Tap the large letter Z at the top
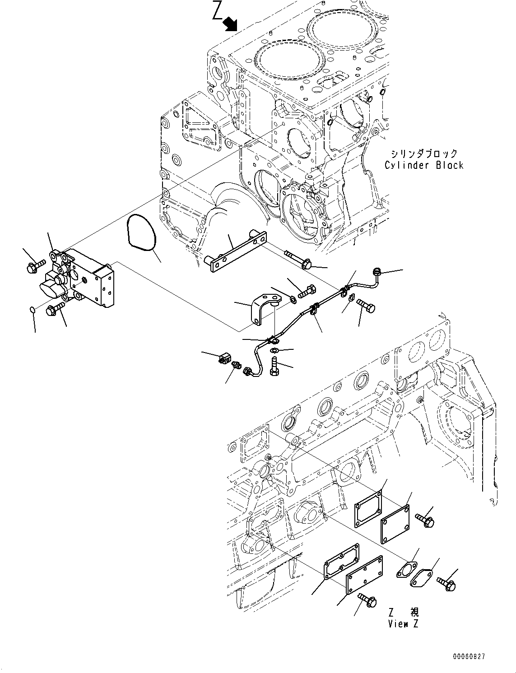[x=218, y=12]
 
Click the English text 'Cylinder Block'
[x=424, y=165]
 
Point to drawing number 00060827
[x=469, y=657]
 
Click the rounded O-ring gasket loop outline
[x=142, y=232]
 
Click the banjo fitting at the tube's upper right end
[x=376, y=272]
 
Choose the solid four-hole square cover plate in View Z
[x=395, y=525]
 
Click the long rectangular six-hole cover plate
[x=364, y=575]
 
